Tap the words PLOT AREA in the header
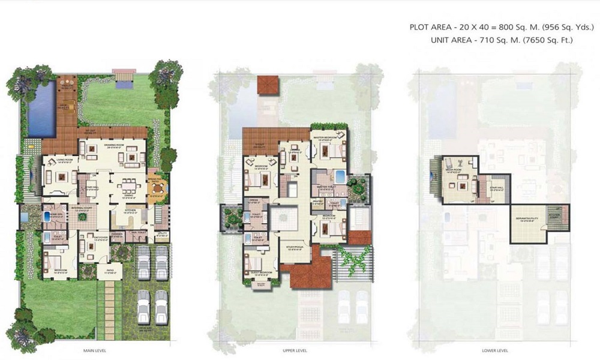point(429,28)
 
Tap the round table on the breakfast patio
point(156,192)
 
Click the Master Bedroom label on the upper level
point(328,137)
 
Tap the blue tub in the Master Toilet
point(339,178)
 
